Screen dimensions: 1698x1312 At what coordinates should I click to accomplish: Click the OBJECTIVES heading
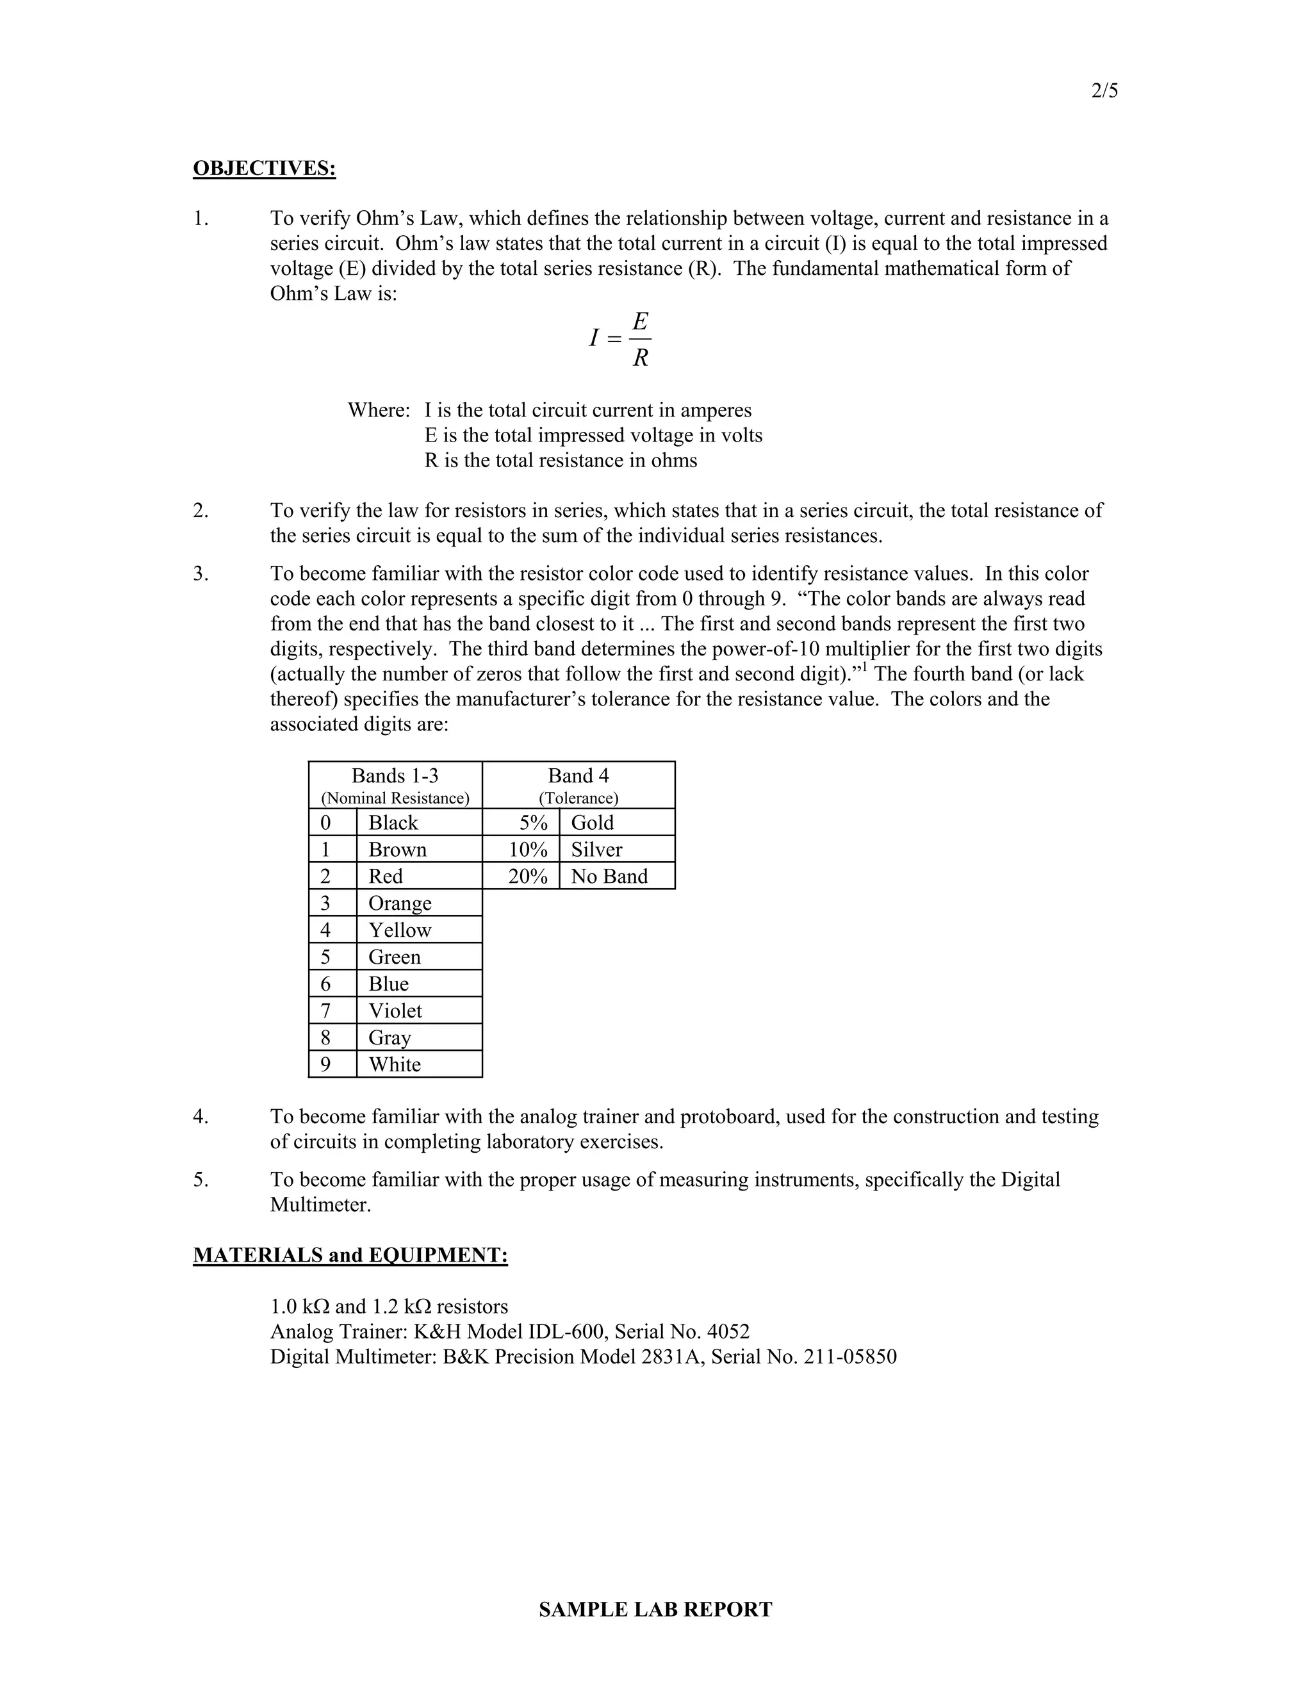pyautogui.click(x=265, y=168)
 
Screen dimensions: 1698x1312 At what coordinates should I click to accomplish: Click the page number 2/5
pyautogui.click(x=1104, y=91)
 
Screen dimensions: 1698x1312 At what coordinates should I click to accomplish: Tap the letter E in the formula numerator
pyautogui.click(x=641, y=320)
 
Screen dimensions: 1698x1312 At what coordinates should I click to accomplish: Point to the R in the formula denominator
pyautogui.click(x=641, y=358)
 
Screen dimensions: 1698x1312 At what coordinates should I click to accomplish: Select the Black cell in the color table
pyautogui.click(x=393, y=823)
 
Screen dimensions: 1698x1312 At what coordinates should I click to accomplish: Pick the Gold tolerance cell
pyautogui.click(x=593, y=823)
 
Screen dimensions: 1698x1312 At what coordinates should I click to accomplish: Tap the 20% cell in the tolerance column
pyautogui.click(x=528, y=876)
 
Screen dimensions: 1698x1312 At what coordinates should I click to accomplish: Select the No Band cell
pyautogui.click(x=609, y=876)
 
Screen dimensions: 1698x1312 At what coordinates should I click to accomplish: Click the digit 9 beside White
pyautogui.click(x=325, y=1064)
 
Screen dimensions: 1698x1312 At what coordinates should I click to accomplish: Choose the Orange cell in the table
pyautogui.click(x=400, y=903)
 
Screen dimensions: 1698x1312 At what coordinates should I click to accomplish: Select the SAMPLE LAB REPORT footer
pyautogui.click(x=655, y=1610)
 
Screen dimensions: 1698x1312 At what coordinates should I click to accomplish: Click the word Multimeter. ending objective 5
pyautogui.click(x=320, y=1205)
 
